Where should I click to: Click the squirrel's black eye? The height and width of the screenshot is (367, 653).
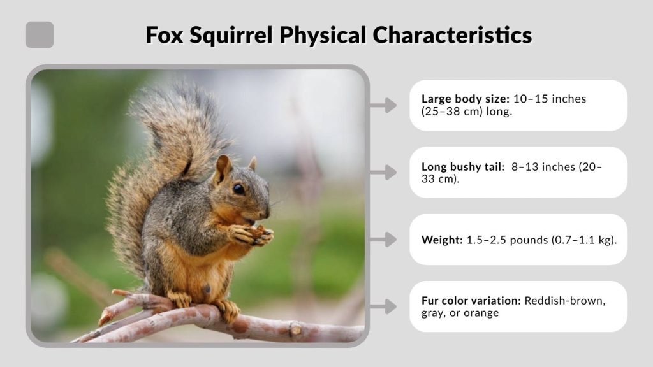click(238, 189)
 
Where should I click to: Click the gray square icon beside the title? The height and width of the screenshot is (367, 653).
click(40, 34)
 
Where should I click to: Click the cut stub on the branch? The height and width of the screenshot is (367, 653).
click(295, 331)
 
